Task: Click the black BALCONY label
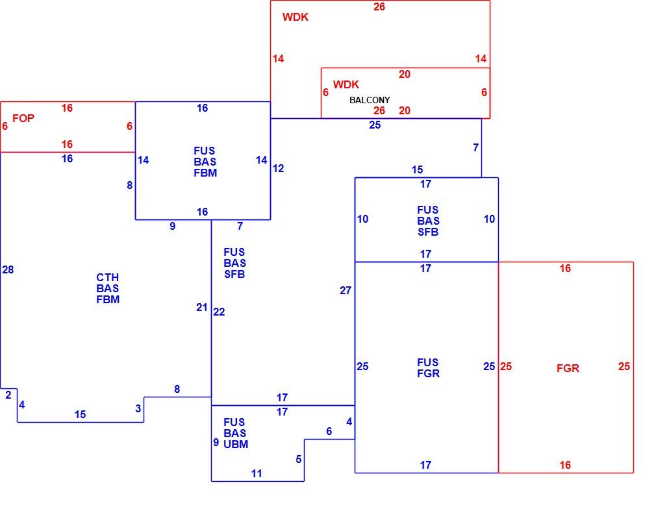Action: (x=370, y=101)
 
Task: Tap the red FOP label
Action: (x=23, y=118)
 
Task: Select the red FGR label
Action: (x=568, y=368)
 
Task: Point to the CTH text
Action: (x=108, y=277)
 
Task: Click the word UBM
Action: (x=236, y=444)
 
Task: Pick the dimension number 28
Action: (x=8, y=269)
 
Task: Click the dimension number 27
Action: (x=346, y=290)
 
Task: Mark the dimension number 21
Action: (x=202, y=307)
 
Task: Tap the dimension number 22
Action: (x=219, y=312)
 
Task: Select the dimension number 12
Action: (x=278, y=168)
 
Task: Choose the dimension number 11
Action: (x=257, y=473)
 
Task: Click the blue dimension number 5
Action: (x=298, y=459)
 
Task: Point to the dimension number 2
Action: (x=8, y=395)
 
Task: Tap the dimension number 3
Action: (x=138, y=408)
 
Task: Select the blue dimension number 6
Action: (x=329, y=431)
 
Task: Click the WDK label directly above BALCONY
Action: (x=346, y=84)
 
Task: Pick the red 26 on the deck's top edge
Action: (x=379, y=6)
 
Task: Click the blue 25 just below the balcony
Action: (x=375, y=125)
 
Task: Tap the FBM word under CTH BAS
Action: (x=108, y=299)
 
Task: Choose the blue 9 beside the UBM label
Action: (x=216, y=442)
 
